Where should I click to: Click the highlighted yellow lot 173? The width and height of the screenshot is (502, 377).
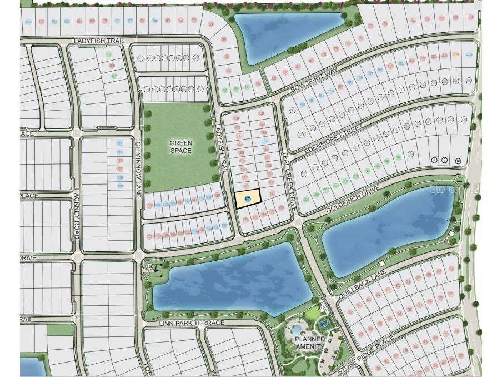tap(248, 199)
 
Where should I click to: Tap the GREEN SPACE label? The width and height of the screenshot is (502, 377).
tap(181, 147)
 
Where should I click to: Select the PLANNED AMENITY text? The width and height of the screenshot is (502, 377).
tap(310, 343)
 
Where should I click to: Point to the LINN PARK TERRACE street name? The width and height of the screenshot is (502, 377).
tap(192, 323)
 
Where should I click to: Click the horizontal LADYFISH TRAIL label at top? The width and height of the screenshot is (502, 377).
tap(101, 41)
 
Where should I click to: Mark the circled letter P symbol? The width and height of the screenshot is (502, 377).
tap(435, 160)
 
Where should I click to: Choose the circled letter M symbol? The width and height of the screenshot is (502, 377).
tap(458, 161)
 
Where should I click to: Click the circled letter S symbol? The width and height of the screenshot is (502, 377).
tap(445, 160)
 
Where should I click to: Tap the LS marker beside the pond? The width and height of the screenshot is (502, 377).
tap(149, 267)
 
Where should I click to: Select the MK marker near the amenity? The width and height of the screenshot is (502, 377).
tap(322, 309)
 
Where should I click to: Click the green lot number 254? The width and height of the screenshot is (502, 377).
tap(307, 200)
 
